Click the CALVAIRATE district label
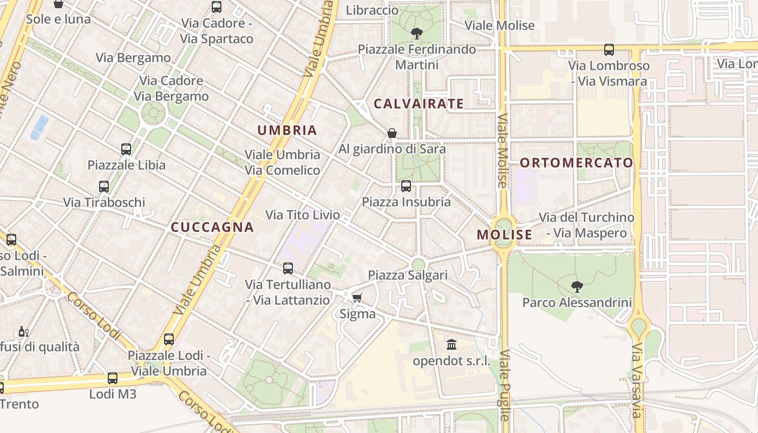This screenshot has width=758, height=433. tap(419, 103)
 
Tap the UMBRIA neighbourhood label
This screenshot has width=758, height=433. tap(287, 130)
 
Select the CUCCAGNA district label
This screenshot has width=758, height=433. tap(212, 227)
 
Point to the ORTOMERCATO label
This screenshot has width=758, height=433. tap(576, 162)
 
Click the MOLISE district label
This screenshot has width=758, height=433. tap(505, 234)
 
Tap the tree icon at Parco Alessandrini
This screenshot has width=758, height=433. tap(577, 286)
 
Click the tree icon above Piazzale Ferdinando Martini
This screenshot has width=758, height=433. tap(416, 34)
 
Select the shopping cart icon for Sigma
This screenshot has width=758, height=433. tap(357, 298)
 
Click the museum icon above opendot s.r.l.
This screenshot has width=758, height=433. tap(452, 344)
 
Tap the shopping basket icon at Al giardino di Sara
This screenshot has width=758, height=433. tap(392, 133)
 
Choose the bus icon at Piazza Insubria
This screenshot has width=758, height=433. tap(406, 186)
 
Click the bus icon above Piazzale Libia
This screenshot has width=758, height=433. tap(126, 149)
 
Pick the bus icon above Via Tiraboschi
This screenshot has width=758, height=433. tap(104, 187)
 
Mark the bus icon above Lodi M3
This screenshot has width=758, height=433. tap(113, 378)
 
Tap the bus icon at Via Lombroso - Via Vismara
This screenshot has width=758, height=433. tap(609, 50)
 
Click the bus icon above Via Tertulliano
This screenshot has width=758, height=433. tap(288, 268)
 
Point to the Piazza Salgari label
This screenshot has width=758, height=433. tap(408, 275)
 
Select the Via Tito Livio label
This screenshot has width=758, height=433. tap(303, 215)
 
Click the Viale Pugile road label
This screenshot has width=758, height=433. tap(504, 384)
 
